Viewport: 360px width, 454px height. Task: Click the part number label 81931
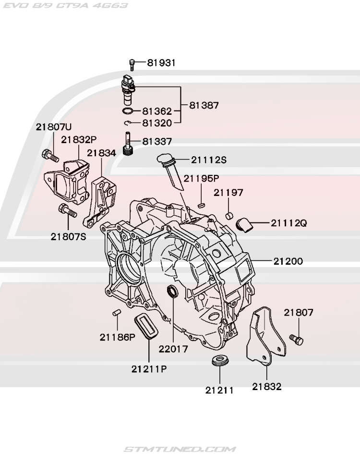161,62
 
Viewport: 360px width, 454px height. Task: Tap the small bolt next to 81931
132,62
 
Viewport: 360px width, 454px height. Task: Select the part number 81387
204,105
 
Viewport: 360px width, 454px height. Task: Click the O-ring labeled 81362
128,111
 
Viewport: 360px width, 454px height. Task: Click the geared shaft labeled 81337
128,145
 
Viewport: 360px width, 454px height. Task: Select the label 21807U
53,127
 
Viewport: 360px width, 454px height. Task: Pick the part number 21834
101,153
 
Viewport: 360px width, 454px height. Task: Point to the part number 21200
288,262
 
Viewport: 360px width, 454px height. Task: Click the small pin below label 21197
229,214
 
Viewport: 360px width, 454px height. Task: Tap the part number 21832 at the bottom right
266,386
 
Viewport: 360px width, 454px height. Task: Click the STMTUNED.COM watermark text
180,449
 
